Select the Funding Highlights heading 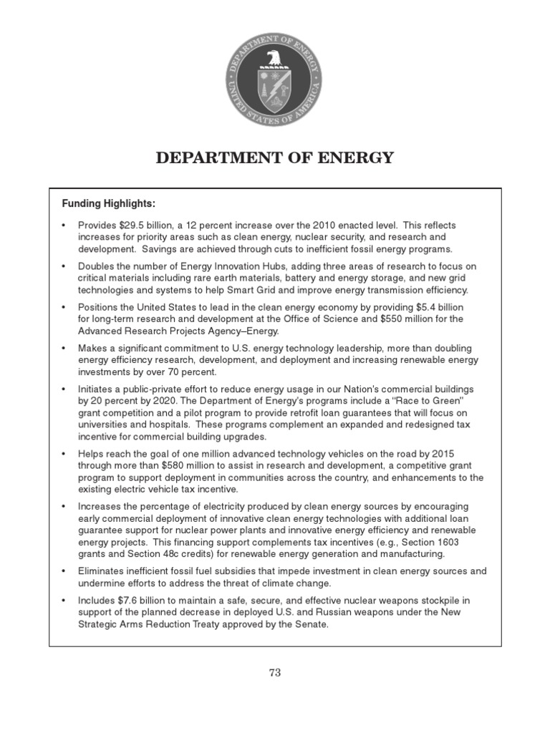coord(107,204)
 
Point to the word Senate coord(312,623)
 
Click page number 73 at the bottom coord(275,672)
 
